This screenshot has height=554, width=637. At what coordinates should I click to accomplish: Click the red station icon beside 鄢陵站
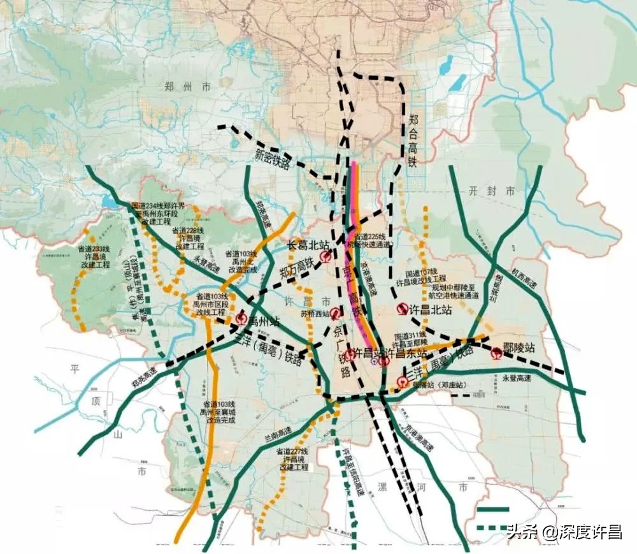click(x=497, y=352)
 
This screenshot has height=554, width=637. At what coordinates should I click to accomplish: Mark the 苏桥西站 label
click(x=316, y=314)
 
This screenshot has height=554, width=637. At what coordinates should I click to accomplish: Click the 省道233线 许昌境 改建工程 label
click(x=94, y=256)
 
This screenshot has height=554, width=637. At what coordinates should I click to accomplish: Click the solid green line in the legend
click(x=492, y=509)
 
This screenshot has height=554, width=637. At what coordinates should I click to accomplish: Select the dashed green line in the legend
click(x=492, y=528)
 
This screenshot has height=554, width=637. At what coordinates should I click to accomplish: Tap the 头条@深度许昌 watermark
click(x=564, y=531)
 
